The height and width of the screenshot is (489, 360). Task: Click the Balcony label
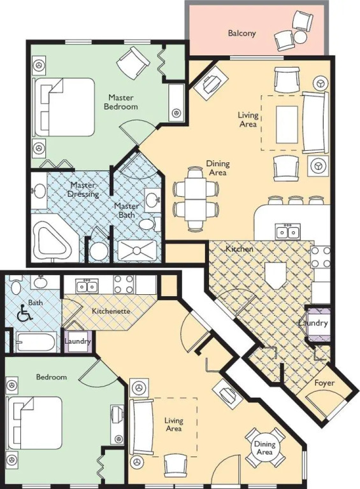[x=241, y=33]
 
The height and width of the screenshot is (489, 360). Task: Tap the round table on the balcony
[x=300, y=37]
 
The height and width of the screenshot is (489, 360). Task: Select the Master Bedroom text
[x=120, y=102]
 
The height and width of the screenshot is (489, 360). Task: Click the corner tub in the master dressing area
[x=52, y=238]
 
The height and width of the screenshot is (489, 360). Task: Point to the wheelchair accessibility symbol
[x=25, y=313]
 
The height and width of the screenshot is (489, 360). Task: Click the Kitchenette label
[x=111, y=311]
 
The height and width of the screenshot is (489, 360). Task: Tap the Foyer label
[x=324, y=383]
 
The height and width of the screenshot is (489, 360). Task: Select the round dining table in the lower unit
[x=264, y=448]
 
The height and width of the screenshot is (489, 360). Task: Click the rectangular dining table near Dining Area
[x=196, y=199]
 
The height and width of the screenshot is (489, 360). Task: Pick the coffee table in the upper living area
[x=287, y=124]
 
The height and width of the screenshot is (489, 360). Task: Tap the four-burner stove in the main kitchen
[x=320, y=257]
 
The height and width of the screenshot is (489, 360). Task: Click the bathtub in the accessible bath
[x=36, y=342]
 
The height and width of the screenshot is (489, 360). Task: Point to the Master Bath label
[x=126, y=211]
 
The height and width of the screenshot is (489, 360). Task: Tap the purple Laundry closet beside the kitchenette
[x=78, y=341]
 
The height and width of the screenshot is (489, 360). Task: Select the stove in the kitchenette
[x=124, y=284]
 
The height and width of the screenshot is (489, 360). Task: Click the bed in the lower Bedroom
[x=35, y=422]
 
